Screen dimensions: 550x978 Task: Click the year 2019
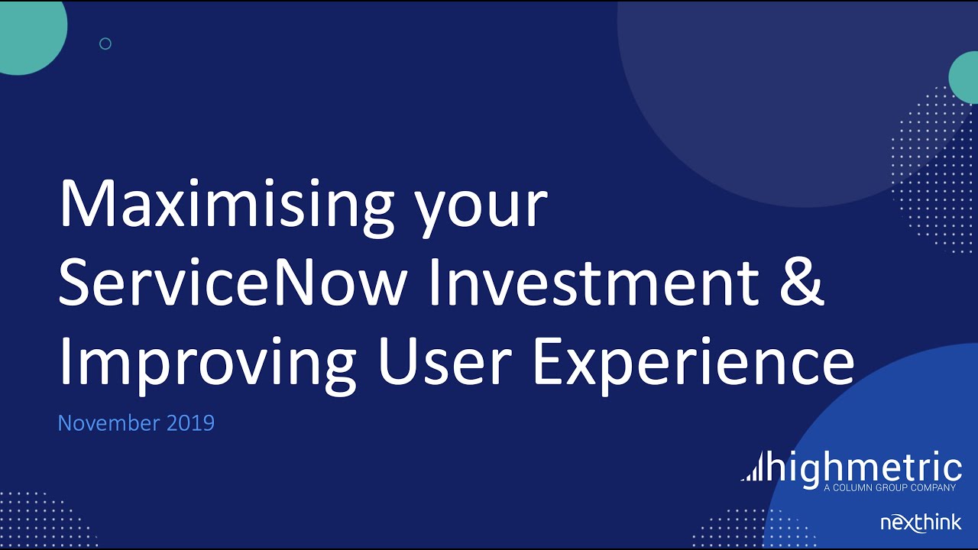(190, 422)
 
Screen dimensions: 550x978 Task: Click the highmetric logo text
(865, 467)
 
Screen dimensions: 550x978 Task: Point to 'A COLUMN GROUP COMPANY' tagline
(890, 487)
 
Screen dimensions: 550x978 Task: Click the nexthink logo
(921, 523)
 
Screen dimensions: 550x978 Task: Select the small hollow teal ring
(105, 44)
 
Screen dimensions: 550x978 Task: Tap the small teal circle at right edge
(965, 77)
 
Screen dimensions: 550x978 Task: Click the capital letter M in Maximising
(85, 205)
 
